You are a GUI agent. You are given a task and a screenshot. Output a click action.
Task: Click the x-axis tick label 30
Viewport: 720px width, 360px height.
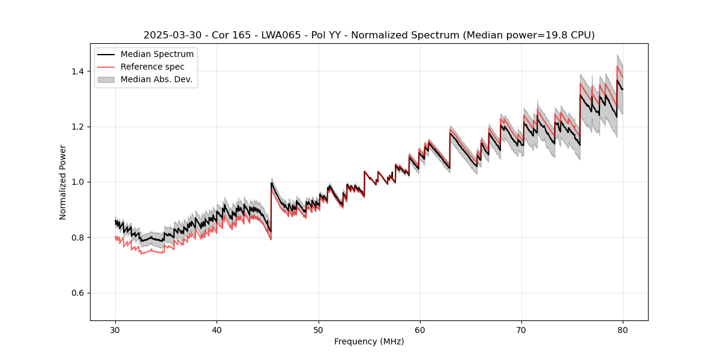115,329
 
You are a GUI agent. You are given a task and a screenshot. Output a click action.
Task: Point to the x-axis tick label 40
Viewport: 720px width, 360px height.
217,329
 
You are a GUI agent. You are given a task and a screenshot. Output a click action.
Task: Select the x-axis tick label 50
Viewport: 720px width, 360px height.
318,329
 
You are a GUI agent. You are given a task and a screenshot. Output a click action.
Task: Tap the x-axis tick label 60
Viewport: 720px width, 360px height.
419,329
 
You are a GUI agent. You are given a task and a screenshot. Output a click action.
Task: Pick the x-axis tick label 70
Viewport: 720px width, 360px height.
521,329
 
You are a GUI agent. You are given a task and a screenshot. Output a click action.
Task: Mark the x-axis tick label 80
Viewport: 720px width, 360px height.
623,329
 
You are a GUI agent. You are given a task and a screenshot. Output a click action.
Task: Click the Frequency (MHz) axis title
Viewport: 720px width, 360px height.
369,341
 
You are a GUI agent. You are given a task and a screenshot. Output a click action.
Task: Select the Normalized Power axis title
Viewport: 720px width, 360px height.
63,182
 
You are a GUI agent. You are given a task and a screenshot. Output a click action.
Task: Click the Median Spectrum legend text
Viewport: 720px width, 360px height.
157,55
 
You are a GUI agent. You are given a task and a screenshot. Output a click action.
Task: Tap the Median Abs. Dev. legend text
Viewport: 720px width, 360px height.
156,79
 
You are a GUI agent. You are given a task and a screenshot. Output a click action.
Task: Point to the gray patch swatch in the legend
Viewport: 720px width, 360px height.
106,79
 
